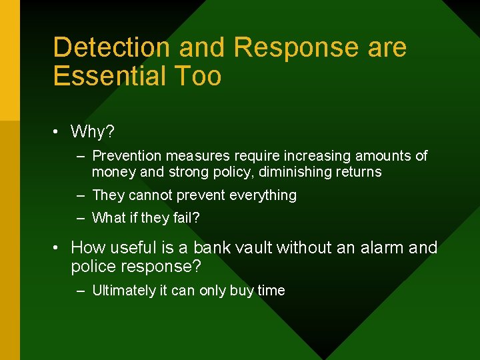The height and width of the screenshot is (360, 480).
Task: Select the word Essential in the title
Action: pos(111,76)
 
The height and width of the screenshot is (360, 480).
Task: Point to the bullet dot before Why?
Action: pos(58,132)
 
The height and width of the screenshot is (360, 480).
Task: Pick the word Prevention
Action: pos(127,156)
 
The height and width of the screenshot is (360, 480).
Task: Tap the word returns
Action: pos(360,172)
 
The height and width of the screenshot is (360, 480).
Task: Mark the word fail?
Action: pos(186,218)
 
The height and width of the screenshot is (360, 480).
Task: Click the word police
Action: pos(93,267)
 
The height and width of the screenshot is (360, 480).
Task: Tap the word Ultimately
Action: pos(123,291)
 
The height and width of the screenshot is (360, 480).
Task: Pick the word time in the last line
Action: pos(271,291)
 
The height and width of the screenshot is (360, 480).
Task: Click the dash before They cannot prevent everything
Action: pos(80,195)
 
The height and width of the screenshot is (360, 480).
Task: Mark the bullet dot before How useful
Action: pos(58,248)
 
